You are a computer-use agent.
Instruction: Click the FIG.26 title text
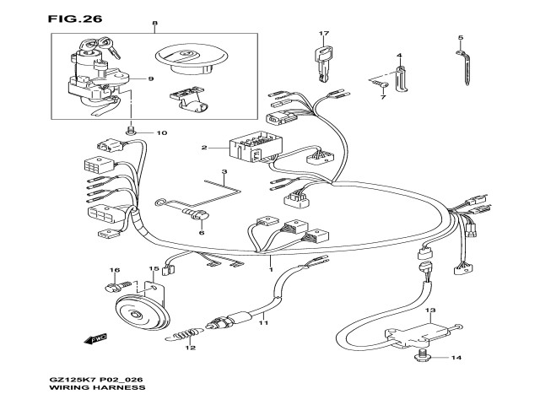point(75,19)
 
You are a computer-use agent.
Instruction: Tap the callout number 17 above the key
point(324,34)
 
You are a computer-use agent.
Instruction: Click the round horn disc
point(142,315)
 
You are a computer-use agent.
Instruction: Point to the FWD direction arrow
point(95,339)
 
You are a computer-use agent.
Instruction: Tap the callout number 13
point(430,310)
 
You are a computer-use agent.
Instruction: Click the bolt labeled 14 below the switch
point(422,357)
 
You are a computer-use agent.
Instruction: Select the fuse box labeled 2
point(256,148)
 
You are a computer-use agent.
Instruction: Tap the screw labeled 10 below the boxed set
point(130,132)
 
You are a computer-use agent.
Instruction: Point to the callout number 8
point(155,24)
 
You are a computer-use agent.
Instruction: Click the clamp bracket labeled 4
point(402,78)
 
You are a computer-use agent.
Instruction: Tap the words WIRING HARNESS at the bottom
point(98,388)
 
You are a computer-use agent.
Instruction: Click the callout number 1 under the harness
point(271,269)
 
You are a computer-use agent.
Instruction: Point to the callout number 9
point(150,78)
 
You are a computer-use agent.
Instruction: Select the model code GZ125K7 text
point(72,381)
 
